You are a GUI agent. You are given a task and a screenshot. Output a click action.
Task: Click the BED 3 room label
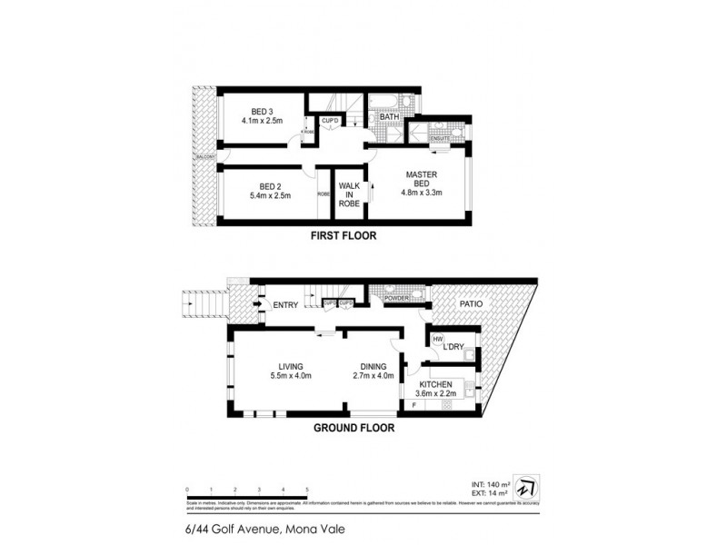(x=263, y=112)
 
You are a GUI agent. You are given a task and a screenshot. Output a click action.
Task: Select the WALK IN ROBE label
(x=350, y=194)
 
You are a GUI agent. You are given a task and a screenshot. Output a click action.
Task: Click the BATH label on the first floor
(x=390, y=117)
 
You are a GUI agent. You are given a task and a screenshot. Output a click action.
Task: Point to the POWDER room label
(x=396, y=297)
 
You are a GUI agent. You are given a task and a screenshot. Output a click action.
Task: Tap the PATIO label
(x=471, y=304)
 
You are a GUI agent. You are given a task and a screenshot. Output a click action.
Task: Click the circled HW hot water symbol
(x=437, y=340)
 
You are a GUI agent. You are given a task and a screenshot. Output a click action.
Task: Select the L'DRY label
(x=453, y=346)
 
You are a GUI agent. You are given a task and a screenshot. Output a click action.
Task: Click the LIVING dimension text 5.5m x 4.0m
(x=291, y=376)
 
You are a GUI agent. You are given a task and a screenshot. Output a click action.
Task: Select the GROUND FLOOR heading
(x=354, y=427)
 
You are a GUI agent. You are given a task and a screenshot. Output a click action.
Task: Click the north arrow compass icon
(x=524, y=484)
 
